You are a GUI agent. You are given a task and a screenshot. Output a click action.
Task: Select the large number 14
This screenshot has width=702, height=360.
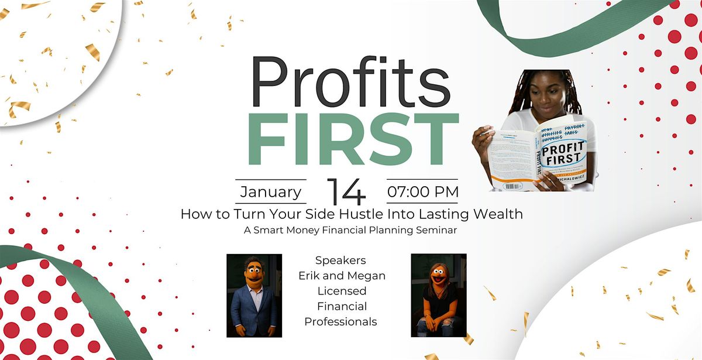346,191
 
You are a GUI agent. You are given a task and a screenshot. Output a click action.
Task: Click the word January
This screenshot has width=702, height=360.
271,192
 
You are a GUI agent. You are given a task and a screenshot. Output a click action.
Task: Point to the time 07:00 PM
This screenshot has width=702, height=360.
422,192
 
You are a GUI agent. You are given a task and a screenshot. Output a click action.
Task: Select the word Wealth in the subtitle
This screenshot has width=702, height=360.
497,214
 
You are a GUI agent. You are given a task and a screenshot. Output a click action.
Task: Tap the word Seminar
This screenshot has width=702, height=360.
437,231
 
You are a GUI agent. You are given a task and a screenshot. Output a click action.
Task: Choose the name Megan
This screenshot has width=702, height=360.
370,275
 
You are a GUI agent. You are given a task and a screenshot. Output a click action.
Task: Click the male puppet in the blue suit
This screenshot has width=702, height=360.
254,296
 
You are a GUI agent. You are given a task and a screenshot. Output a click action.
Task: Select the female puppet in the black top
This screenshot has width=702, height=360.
439,296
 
